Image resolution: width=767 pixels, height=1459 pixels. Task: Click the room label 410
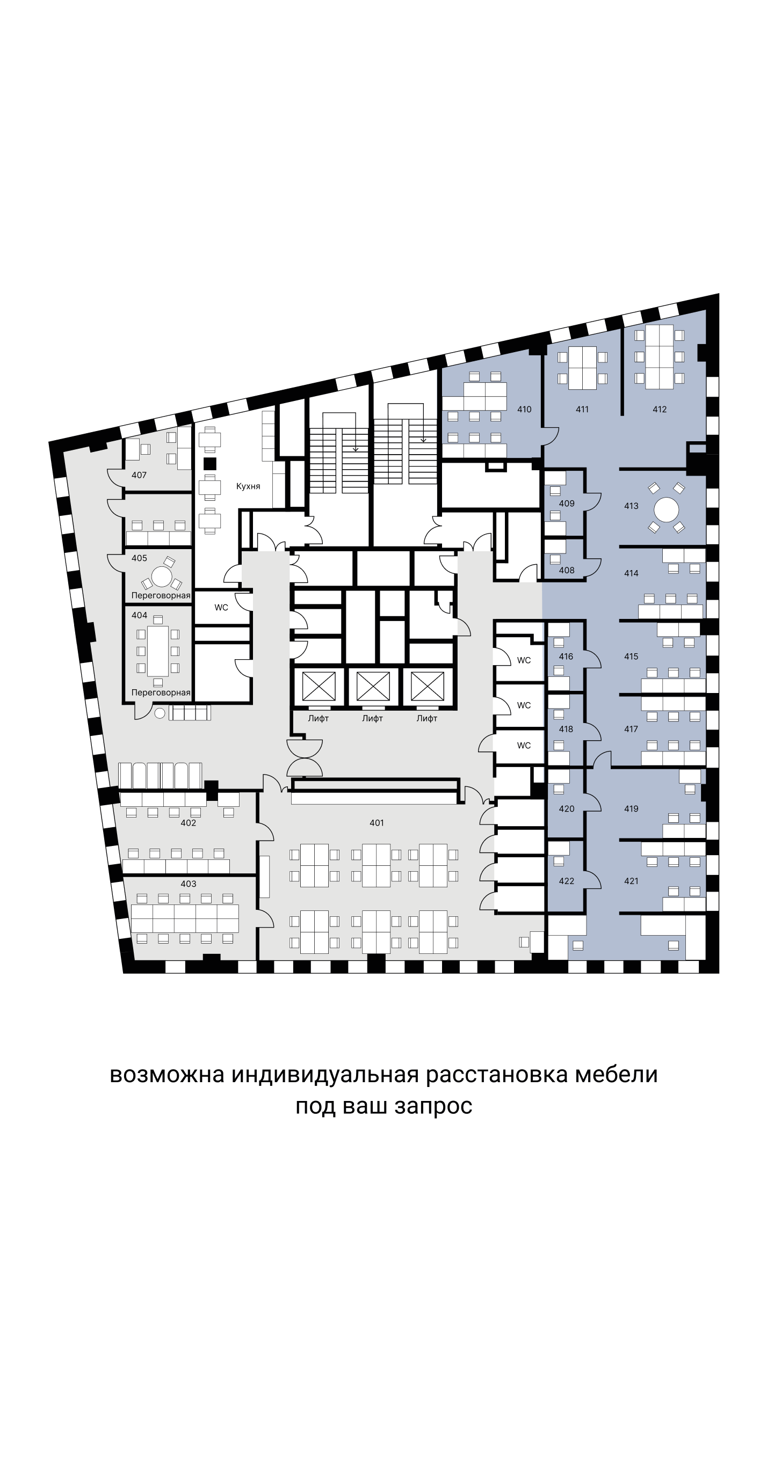click(524, 410)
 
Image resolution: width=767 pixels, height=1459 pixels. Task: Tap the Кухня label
click(248, 486)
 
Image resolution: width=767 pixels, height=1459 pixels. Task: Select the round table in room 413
click(666, 510)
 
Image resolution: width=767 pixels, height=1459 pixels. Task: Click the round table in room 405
click(162, 577)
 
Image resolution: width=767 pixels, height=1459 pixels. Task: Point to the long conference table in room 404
click(157, 651)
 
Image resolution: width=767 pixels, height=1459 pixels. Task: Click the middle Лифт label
click(372, 719)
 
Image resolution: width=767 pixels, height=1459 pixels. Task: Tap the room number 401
click(377, 823)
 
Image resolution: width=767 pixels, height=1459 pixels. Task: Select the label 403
click(188, 884)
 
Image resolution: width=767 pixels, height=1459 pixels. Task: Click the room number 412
click(659, 410)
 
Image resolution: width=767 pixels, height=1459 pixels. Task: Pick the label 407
click(139, 475)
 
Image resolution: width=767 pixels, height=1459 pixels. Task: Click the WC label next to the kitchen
click(221, 608)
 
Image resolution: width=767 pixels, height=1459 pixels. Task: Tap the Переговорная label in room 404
click(161, 692)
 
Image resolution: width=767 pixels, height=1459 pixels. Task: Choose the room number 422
click(566, 881)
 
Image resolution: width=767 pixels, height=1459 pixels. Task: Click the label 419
click(631, 809)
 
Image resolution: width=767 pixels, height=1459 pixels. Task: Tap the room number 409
click(566, 504)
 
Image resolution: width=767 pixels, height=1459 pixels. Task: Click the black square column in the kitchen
click(210, 464)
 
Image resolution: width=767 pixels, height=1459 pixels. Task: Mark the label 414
click(631, 574)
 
